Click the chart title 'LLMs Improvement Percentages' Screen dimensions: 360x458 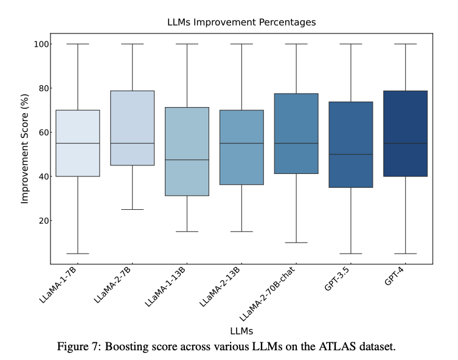click(241, 22)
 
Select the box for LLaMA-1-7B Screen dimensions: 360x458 click(77, 143)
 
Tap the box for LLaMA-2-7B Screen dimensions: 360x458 click(132, 128)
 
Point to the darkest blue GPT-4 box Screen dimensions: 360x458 click(406, 134)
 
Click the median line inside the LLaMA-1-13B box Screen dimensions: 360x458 click(187, 160)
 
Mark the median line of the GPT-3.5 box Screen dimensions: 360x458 click(351, 154)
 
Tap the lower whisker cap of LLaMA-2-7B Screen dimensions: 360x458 click(132, 210)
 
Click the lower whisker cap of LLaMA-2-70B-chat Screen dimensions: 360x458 click(296, 243)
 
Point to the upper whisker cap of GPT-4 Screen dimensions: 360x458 click(406, 44)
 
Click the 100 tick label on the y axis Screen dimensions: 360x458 click(41, 44)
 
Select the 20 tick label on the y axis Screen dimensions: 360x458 click(43, 221)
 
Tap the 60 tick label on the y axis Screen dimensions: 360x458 click(43, 133)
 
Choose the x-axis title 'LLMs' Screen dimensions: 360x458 click(241, 330)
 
